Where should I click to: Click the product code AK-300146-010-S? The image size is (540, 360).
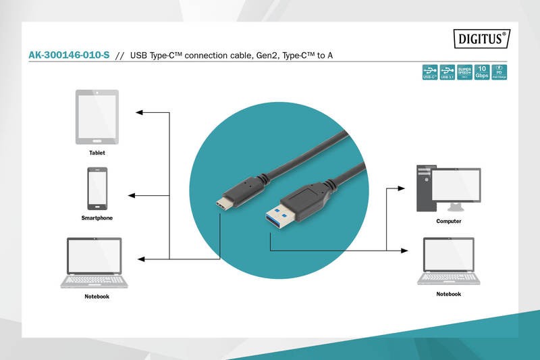tap(68, 56)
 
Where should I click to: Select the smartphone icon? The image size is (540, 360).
tap(97, 189)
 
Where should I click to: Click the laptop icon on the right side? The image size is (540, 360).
tap(448, 261)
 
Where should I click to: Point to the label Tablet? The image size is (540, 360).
tap(97, 153)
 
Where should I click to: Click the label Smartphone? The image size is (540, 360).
tap(97, 218)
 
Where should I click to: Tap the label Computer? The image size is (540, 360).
tap(448, 222)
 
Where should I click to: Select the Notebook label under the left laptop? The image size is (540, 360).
tap(97, 297)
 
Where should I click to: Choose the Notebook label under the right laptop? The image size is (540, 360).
tap(448, 294)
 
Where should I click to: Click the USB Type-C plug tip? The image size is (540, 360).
tap(222, 205)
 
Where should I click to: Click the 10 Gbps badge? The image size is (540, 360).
tap(482, 72)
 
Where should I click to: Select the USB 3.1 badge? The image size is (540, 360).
tap(447, 72)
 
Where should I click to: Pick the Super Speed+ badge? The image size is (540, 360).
tap(464, 72)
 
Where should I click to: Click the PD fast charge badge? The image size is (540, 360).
tap(500, 72)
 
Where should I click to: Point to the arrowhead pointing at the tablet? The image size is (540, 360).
tap(138, 110)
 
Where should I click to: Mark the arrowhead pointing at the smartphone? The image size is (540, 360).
tap(131, 196)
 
